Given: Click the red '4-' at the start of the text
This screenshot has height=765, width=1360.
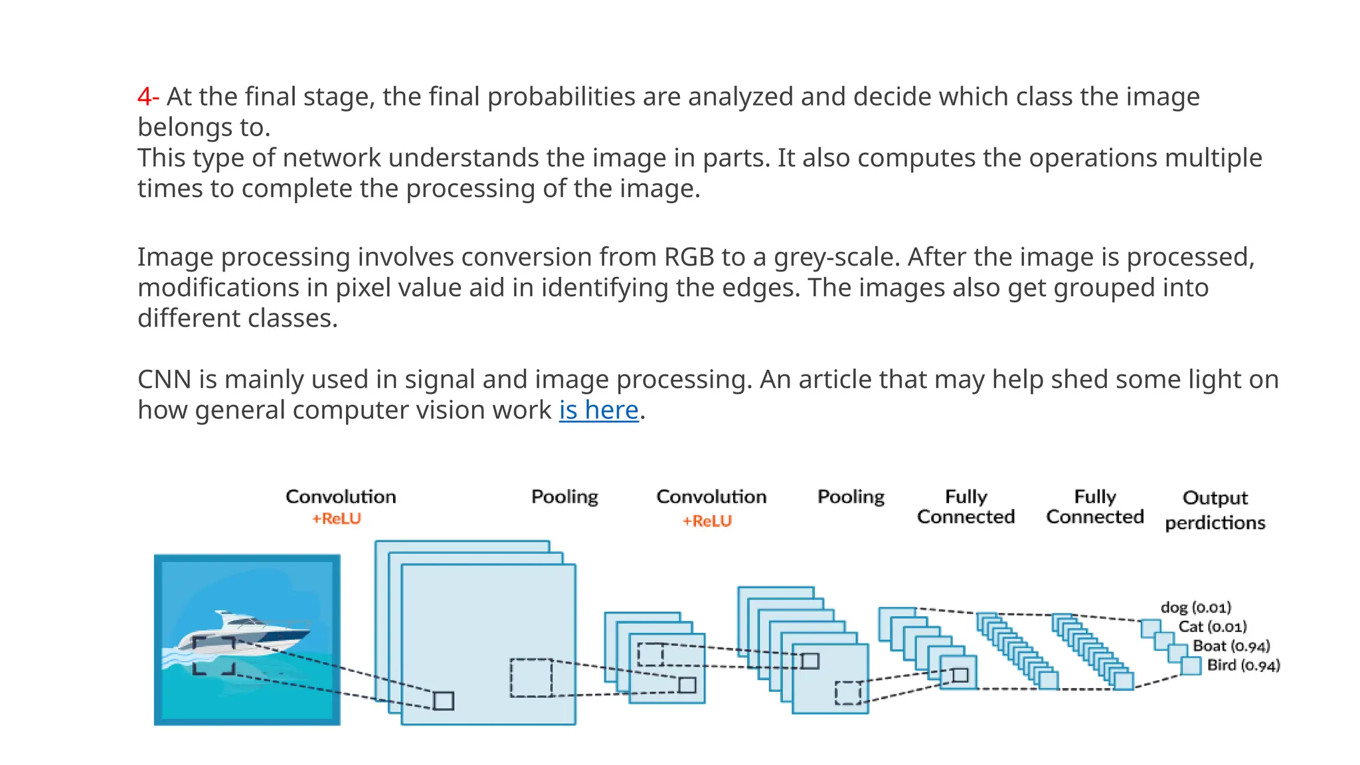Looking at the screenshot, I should pos(147,97).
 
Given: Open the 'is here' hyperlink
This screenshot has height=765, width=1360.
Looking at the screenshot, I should pos(598,410).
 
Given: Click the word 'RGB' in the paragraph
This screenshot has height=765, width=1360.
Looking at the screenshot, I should pos(688,257).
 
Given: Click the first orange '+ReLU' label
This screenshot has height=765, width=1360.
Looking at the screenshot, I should pos(337,519).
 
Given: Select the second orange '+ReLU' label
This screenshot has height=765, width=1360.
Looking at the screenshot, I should pos(707,521).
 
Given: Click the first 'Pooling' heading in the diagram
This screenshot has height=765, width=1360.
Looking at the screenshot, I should pos(564,497).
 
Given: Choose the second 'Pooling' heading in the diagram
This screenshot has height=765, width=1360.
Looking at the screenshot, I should pos(851,497).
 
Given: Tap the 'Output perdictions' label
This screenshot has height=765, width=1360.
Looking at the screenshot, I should pos(1215,510).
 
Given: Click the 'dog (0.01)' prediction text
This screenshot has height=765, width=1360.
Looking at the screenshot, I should pos(1195,607).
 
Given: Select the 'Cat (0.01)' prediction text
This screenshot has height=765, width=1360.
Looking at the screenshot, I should pos(1212,626).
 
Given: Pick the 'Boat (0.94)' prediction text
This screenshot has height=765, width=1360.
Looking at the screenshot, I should pos(1231,645).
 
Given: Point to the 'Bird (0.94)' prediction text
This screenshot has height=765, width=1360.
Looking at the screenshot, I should pos(1242,665).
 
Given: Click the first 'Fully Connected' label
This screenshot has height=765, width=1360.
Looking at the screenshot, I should pos(966,507).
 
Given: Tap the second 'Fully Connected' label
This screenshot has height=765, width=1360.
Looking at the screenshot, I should pos(1094,507).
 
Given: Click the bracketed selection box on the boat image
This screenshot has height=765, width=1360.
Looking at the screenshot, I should pos(214,655).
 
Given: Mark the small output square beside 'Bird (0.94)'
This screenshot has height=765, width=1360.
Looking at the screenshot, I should pos(1191,665).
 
